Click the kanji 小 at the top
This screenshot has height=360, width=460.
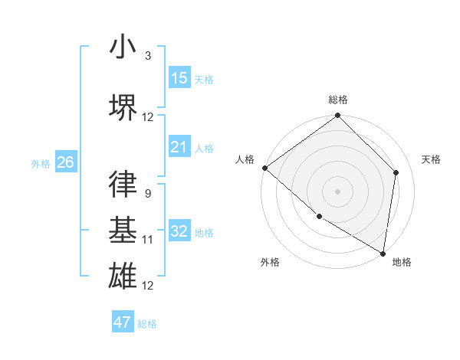pyautogui.click(x=123, y=47)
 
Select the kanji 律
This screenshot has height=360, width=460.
pyautogui.click(x=123, y=185)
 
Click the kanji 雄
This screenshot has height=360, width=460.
pyautogui.click(x=123, y=275)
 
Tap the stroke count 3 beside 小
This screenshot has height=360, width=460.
pyautogui.click(x=148, y=57)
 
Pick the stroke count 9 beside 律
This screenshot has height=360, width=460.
pyautogui.click(x=147, y=194)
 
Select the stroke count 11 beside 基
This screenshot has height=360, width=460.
pyautogui.click(x=148, y=240)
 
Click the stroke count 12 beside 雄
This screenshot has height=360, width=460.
pyautogui.click(x=148, y=285)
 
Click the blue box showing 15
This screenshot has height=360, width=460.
pyautogui.click(x=179, y=78)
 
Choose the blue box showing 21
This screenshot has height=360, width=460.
pyautogui.click(x=179, y=147)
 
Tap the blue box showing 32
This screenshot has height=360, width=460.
pyautogui.click(x=179, y=231)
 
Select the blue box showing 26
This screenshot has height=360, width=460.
pyautogui.click(x=65, y=162)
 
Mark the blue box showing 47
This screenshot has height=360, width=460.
pyautogui.click(x=123, y=322)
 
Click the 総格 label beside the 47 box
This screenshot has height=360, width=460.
pyautogui.click(x=147, y=324)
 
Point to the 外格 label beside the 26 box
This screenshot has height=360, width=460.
pyautogui.click(x=41, y=163)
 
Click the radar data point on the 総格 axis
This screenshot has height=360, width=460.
pyautogui.click(x=337, y=116)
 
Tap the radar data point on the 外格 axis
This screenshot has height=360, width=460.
pyautogui.click(x=319, y=216)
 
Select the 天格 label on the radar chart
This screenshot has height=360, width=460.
pyautogui.click(x=432, y=159)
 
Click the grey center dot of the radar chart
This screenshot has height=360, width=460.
pyautogui.click(x=337, y=191)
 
